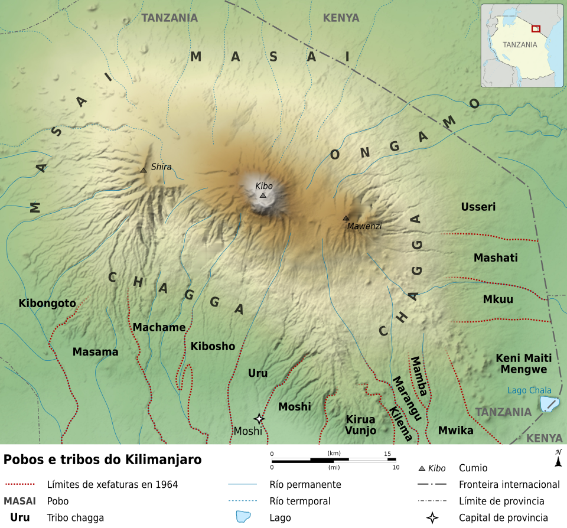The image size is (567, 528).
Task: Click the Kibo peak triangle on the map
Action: coord(263,195)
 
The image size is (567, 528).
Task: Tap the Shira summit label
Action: coord(161,167)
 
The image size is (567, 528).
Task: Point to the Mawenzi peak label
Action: coord(364,226)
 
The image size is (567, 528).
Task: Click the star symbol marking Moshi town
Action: coord(258,418)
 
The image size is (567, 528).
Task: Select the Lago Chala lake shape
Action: coord(549,404)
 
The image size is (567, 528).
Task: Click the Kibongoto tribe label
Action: coord(47,304)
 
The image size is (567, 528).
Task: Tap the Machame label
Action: coord(159,327)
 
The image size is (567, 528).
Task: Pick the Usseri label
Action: coord(478,207)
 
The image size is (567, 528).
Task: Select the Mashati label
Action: coord(496,258)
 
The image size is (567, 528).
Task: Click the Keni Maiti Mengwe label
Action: coord(523,364)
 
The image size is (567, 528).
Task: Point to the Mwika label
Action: coord(455,431)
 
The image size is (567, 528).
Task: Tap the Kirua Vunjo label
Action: coord(360,425)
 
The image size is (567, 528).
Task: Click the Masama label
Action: coord(95,352)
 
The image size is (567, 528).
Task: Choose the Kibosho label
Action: coord(213,346)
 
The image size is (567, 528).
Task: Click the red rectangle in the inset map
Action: coord(536,28)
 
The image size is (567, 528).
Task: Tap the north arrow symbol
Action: coord(558,458)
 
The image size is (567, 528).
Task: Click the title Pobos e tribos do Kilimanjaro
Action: coord(103,459)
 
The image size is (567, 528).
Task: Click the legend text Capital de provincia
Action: coord(503,518)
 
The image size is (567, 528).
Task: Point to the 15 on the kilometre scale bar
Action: coord(388,454)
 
